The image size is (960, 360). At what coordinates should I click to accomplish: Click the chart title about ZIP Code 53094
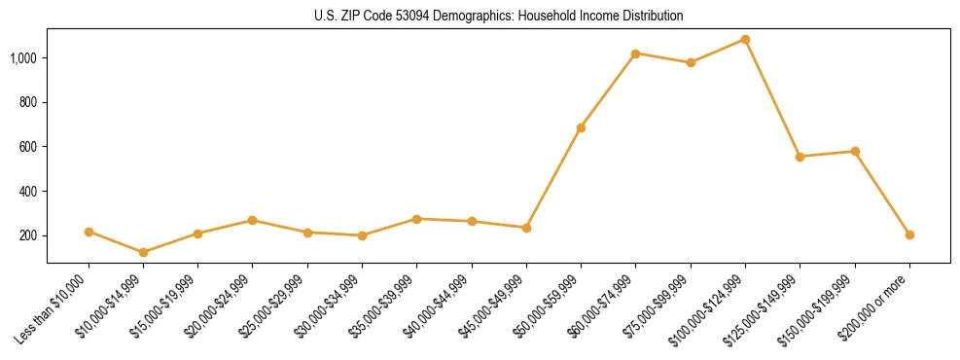498,17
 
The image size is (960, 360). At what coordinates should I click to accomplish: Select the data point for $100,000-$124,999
745,40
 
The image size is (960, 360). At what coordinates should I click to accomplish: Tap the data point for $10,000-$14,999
144,252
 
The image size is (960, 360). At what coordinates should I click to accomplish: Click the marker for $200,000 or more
909,234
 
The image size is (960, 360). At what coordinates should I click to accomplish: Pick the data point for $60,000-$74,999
636,54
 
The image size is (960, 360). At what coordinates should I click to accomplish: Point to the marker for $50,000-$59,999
581,127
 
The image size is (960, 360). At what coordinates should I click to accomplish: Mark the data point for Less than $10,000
89,232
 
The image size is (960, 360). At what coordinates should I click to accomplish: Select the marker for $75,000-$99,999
691,62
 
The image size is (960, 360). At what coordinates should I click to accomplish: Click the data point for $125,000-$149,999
800,157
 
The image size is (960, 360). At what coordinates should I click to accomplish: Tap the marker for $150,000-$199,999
855,151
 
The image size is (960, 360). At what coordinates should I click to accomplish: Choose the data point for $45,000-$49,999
526,228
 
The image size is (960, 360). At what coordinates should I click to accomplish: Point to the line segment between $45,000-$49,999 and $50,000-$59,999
553,178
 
